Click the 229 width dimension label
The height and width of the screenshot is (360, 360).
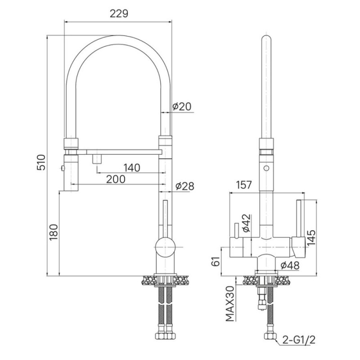pos(119,13)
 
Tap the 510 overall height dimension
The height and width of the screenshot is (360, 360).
pos(41,162)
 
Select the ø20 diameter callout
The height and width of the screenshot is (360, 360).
pos(182,106)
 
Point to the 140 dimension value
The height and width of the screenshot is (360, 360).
pos(132,168)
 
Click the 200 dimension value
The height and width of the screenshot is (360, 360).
pos(116,179)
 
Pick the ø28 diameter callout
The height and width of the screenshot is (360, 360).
pos(185,186)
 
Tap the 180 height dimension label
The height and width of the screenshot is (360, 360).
pos(54,232)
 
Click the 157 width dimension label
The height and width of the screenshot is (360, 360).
pos(243,185)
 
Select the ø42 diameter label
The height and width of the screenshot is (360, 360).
pos(246,223)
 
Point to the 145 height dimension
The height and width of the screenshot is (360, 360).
pos(311,238)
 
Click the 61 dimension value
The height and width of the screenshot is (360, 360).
pos(216,261)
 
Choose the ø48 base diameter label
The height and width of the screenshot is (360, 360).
pos(290,265)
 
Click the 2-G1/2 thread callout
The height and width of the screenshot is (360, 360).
pos(299,340)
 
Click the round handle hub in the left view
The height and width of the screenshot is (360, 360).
pos(165,247)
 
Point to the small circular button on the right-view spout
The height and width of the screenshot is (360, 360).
pos(266,168)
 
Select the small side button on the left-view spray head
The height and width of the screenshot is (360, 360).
pos(62,168)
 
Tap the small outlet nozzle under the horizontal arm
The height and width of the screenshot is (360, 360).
pos(97,159)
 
